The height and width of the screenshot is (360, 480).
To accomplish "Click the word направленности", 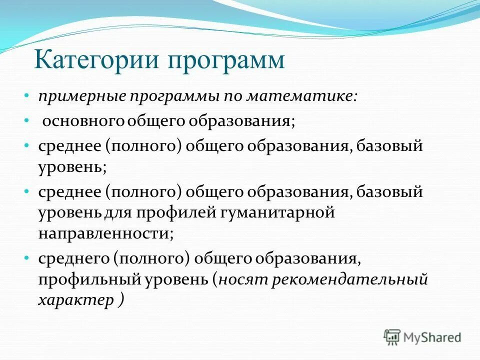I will pos(105,233).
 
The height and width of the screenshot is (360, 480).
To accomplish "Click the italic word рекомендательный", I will pos(349,279).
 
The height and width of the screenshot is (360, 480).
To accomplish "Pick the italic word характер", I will pos(75,299).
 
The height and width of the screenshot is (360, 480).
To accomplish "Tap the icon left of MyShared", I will pos(392,337).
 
